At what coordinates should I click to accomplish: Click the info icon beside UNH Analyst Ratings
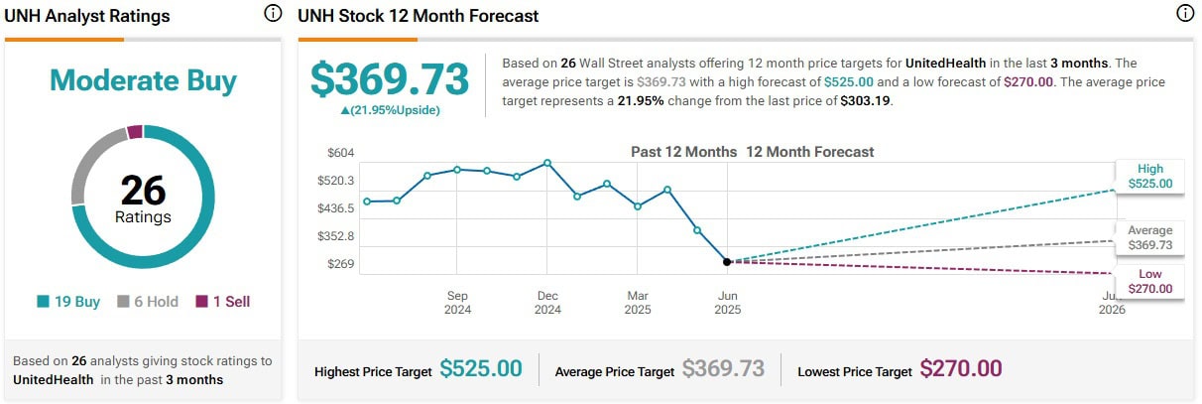point(272,14)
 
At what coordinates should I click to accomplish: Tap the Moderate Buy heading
point(143,80)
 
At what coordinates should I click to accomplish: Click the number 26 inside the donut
point(143,190)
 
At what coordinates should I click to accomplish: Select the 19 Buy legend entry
point(68,302)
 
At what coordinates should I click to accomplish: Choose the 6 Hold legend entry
point(150,302)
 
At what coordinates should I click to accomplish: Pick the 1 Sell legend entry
point(223,302)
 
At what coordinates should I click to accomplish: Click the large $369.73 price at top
point(389,79)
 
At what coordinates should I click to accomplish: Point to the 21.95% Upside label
point(390,110)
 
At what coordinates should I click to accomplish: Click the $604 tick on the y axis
point(340,152)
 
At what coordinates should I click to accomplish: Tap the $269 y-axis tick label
point(340,264)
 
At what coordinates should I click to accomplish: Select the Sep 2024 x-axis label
point(457,303)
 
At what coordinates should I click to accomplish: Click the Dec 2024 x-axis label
point(547,303)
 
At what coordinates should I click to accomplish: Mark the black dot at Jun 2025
point(727,262)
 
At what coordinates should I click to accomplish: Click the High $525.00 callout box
point(1150,177)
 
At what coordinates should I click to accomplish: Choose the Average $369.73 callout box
point(1149,238)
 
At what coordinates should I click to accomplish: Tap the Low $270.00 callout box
point(1150,282)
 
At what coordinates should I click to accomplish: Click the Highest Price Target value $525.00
point(481,369)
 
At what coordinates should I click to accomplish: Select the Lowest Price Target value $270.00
point(960,369)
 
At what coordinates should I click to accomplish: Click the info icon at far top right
point(1184,14)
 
